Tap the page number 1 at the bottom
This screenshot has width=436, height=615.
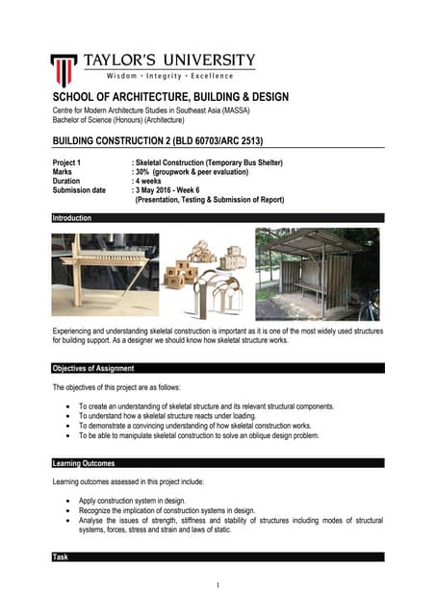(218, 585)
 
